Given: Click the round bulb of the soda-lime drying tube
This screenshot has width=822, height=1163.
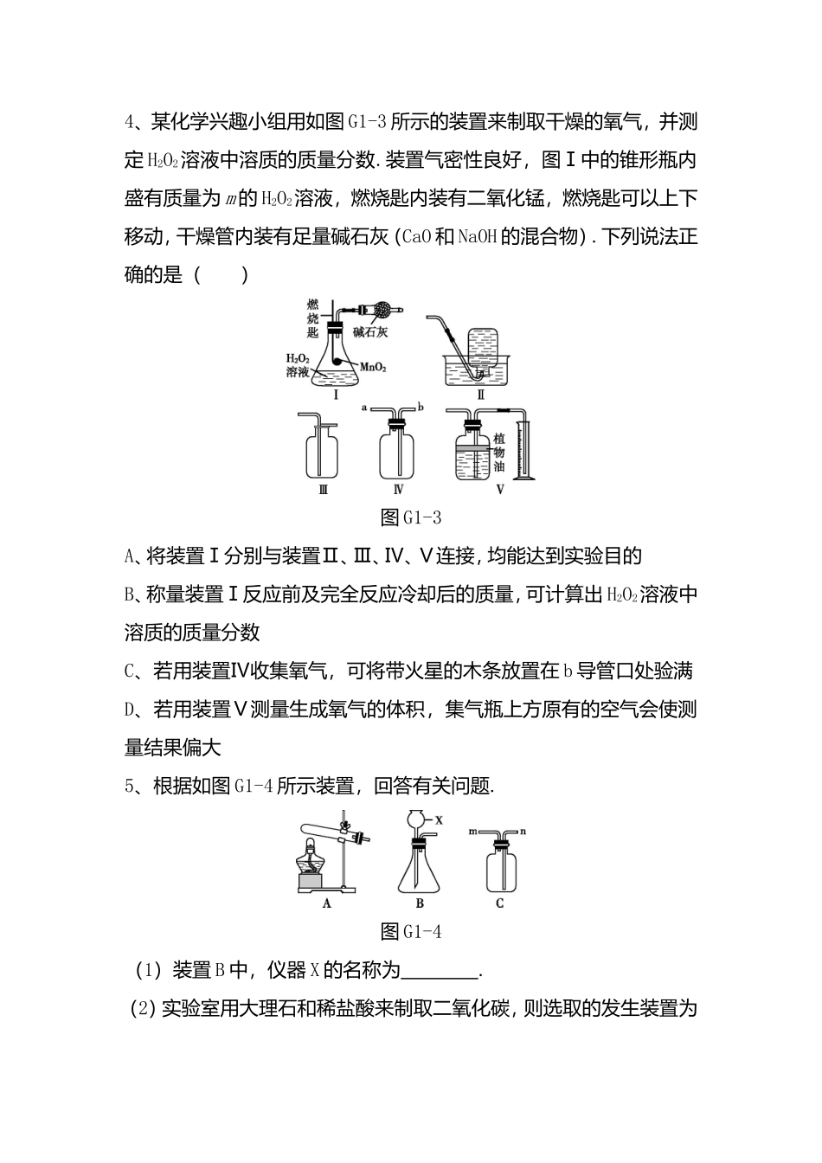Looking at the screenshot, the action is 383,308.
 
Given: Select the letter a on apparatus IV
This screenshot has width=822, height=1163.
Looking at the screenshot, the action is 364,406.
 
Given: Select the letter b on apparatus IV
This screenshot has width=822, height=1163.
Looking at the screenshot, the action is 420,406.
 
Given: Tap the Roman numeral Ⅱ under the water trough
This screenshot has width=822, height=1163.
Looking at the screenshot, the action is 480,395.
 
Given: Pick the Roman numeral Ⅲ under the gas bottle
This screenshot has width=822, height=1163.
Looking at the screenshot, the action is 322,490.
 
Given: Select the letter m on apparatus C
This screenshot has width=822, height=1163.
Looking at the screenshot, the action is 473,832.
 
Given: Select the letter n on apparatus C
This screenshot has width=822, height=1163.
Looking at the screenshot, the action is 523,832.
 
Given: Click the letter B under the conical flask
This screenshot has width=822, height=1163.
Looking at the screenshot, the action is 420,903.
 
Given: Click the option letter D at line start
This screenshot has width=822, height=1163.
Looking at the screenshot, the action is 132,710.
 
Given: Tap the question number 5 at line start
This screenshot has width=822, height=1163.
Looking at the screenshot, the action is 131,786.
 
